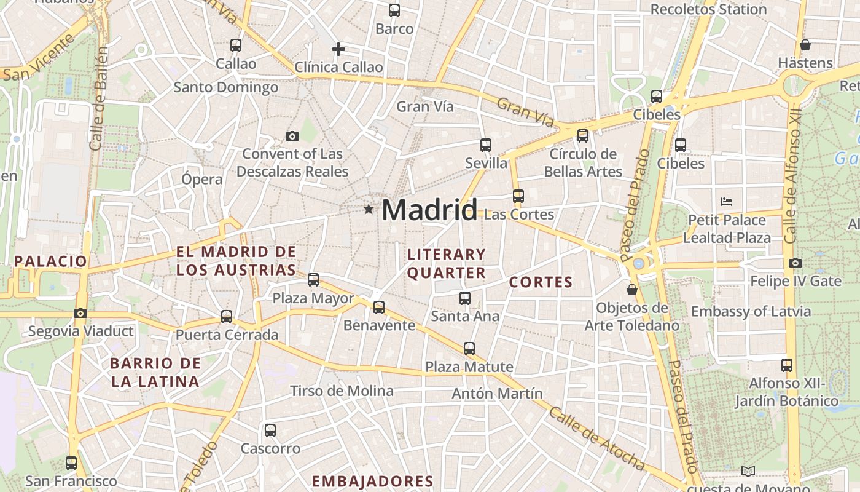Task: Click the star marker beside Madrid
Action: click(369, 210)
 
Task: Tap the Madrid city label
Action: click(429, 210)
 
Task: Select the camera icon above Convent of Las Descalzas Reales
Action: click(292, 137)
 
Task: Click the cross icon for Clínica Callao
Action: click(338, 49)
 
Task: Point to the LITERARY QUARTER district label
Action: click(447, 263)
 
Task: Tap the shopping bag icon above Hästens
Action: click(805, 45)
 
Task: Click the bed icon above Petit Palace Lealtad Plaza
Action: click(727, 201)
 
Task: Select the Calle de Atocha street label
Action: click(596, 438)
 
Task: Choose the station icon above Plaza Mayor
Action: click(313, 280)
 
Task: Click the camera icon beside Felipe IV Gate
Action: click(795, 263)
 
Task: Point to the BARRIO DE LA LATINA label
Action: click(155, 372)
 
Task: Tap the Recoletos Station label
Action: click(708, 9)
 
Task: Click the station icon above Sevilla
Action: click(486, 145)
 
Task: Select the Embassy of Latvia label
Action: click(751, 311)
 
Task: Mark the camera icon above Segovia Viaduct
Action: click(80, 314)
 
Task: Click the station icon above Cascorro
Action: click(270, 430)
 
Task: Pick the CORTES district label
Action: click(541, 282)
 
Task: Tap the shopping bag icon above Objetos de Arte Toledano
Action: click(632, 289)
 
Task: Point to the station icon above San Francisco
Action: click(71, 463)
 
